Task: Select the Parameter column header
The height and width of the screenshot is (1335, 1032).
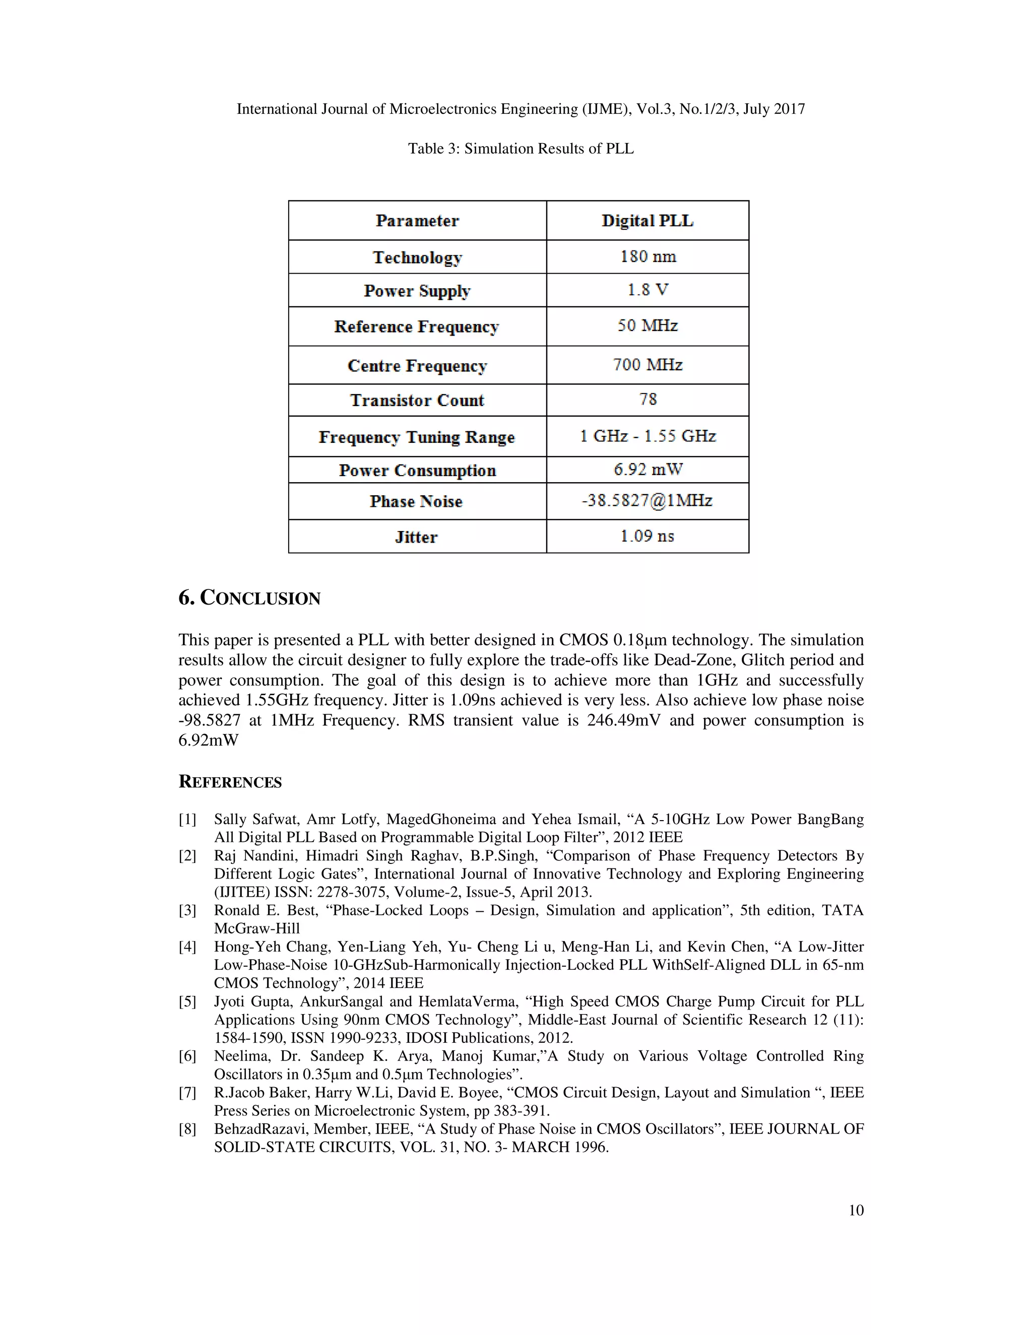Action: click(417, 221)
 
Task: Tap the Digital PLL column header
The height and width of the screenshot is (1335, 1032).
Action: click(648, 221)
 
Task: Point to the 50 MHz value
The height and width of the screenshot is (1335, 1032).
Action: click(648, 326)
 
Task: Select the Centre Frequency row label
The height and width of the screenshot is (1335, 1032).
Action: click(417, 366)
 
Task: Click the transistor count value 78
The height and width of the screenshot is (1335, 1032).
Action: click(648, 400)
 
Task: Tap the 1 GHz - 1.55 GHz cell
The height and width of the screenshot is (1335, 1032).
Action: click(648, 436)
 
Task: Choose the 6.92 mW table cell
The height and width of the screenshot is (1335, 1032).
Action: click(648, 470)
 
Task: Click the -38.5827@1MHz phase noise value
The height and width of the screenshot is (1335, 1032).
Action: click(647, 501)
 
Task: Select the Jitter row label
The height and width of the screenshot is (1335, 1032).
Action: click(416, 537)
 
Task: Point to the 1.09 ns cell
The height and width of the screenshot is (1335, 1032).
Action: click(647, 536)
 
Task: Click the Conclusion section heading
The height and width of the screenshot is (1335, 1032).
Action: click(249, 598)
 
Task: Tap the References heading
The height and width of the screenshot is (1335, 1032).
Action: click(230, 782)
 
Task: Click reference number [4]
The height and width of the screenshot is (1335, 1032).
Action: click(187, 947)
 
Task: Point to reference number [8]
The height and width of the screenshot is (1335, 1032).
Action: click(187, 1129)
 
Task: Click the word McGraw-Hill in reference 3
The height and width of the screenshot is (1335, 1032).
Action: click(257, 928)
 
